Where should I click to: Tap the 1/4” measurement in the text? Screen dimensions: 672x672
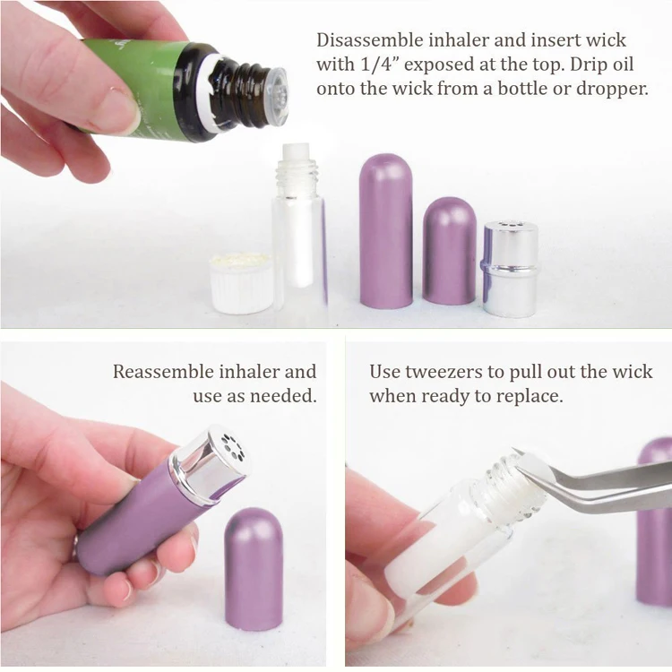click(376, 65)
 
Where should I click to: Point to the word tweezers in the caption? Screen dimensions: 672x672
click(444, 372)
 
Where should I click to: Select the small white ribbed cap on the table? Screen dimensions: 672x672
click(241, 282)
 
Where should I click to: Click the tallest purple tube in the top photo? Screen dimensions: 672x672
click(385, 230)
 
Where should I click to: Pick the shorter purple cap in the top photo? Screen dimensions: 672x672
click(450, 251)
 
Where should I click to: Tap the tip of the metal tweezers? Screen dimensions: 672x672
click(515, 452)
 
